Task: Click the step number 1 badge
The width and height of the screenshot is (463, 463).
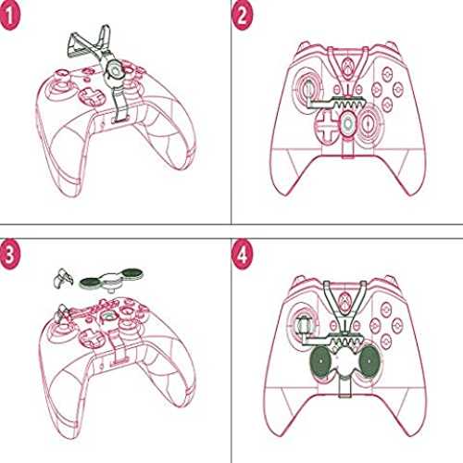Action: pos(9,16)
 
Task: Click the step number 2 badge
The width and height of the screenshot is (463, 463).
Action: pos(242,16)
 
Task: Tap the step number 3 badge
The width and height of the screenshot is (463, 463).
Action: pos(9,255)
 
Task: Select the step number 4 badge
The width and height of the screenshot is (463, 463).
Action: pos(243,255)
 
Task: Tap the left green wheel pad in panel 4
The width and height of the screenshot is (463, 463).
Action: pos(321,361)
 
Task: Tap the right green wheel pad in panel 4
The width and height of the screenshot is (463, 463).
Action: pos(369,361)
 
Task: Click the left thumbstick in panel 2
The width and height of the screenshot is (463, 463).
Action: pos(307,89)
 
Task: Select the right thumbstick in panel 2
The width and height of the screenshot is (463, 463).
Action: pos(369,123)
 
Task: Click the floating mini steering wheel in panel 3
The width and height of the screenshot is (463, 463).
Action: pos(112,279)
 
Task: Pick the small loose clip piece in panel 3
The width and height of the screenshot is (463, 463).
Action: pos(64,278)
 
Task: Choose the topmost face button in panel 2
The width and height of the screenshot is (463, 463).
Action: pos(387,73)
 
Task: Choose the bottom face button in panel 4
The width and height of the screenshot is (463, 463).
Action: pos(385,341)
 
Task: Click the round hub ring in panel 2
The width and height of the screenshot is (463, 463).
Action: pos(348,124)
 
